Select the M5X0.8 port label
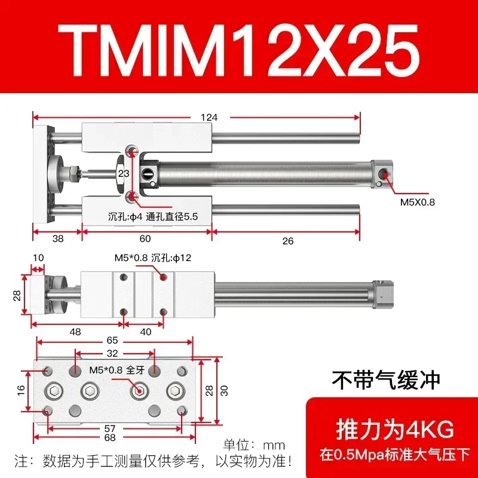pyautogui.click(x=418, y=202)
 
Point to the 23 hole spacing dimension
pyautogui.click(x=124, y=173)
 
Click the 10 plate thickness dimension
pyautogui.click(x=38, y=258)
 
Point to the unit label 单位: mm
pyautogui.click(x=254, y=445)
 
